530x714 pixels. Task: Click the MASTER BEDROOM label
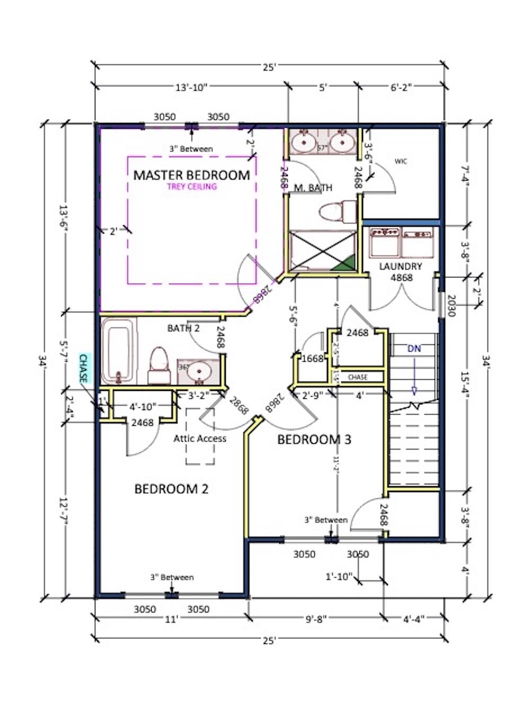coord(191,175)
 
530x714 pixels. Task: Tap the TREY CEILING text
coord(191,186)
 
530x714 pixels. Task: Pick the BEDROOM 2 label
coord(171,489)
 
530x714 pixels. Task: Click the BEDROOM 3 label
coord(314,440)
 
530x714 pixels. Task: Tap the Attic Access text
coord(200,439)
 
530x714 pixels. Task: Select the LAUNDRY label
coord(401,266)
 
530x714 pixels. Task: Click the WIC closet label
coord(401,162)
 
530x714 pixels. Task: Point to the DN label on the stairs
coord(414,349)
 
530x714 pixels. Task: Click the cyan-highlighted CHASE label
coord(84,369)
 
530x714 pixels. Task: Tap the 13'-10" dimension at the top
coord(191,88)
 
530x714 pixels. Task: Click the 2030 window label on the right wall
coord(451,306)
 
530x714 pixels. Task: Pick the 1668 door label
coord(312,359)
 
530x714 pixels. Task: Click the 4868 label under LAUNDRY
coord(401,278)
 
